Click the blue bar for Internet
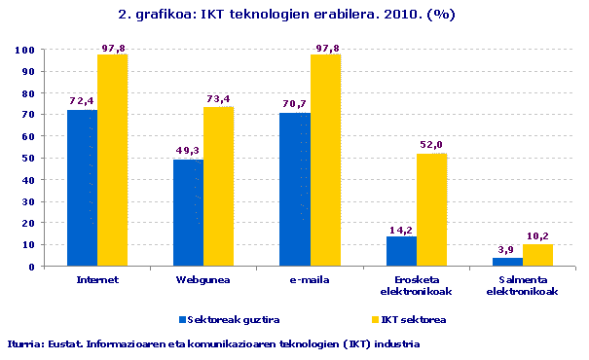click(x=82, y=188)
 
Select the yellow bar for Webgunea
click(x=218, y=186)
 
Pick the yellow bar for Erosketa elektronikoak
click(x=431, y=209)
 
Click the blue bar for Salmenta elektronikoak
click(x=507, y=262)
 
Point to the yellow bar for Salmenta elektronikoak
click(x=537, y=255)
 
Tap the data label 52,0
click(x=431, y=145)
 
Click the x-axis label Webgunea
click(x=202, y=279)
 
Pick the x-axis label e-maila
click(x=310, y=279)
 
